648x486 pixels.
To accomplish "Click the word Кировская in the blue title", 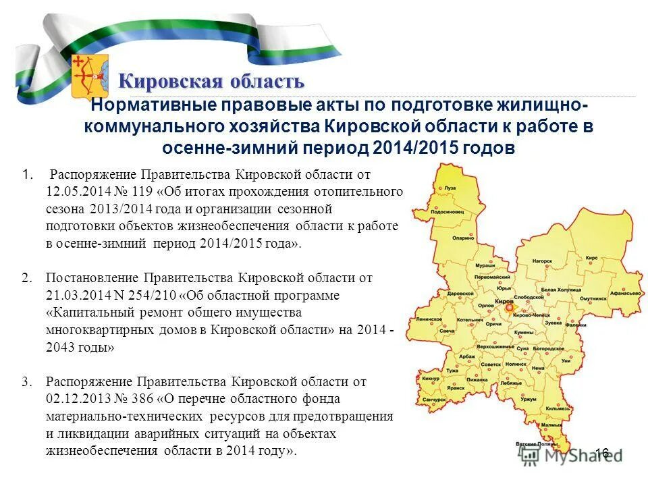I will (161, 82).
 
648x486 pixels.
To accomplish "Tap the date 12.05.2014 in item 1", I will (75, 192).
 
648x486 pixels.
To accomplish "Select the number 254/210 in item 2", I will (141, 296).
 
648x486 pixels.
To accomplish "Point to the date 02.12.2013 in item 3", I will (75, 399).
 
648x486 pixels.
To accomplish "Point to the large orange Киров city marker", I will (507, 308).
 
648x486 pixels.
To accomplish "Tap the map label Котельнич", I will (469, 321).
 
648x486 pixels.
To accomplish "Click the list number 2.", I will (26, 277).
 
